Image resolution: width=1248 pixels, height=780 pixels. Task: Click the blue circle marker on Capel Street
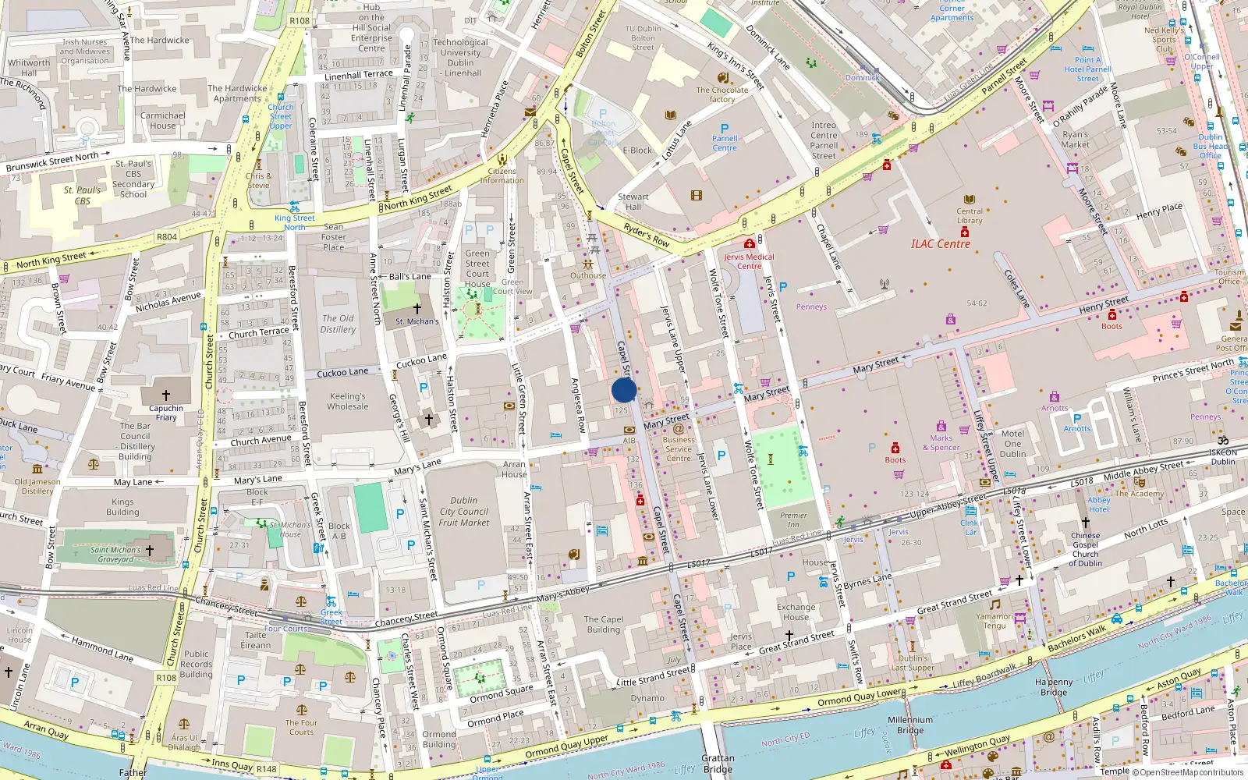624,390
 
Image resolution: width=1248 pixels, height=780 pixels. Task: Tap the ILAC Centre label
941,244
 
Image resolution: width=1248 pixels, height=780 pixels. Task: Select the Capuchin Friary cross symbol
165,395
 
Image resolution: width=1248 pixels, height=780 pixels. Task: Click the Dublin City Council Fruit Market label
464,512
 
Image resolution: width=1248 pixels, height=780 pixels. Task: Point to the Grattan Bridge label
718,764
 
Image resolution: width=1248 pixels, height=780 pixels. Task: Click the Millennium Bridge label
909,725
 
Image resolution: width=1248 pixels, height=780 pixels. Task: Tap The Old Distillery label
338,324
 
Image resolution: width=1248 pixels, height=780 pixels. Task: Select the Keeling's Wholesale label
348,401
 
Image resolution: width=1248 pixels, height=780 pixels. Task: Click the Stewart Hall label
633,201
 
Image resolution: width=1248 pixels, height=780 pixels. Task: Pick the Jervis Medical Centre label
749,261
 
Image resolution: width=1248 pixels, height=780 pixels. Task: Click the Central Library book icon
970,200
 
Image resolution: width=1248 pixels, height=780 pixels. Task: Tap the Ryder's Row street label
647,236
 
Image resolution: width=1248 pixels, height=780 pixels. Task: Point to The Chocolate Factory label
721,94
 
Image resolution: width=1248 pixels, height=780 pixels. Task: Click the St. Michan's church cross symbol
417,309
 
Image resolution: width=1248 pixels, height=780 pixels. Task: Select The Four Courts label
301,727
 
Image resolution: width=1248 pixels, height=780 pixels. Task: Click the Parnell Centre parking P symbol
725,129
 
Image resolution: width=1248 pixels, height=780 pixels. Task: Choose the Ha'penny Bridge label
1053,687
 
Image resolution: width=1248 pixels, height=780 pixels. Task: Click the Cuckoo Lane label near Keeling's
342,373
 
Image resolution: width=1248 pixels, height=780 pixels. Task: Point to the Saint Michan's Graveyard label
115,554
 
